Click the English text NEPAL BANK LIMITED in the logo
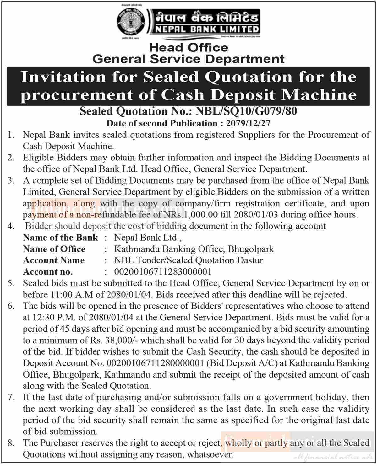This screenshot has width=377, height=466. point(206,29)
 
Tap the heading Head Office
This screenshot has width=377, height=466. point(188,47)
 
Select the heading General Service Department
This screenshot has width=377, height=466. point(188,59)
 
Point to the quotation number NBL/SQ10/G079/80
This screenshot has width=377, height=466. point(246,111)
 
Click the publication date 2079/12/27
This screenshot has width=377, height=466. point(248,123)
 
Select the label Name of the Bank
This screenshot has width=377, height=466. point(60,238)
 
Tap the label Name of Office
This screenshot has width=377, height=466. point(54,249)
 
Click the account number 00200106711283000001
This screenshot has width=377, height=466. point(163,272)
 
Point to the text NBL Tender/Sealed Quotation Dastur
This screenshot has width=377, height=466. point(188,260)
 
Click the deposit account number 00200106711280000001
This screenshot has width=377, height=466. point(156,363)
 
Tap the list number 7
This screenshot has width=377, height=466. point(11,397)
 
